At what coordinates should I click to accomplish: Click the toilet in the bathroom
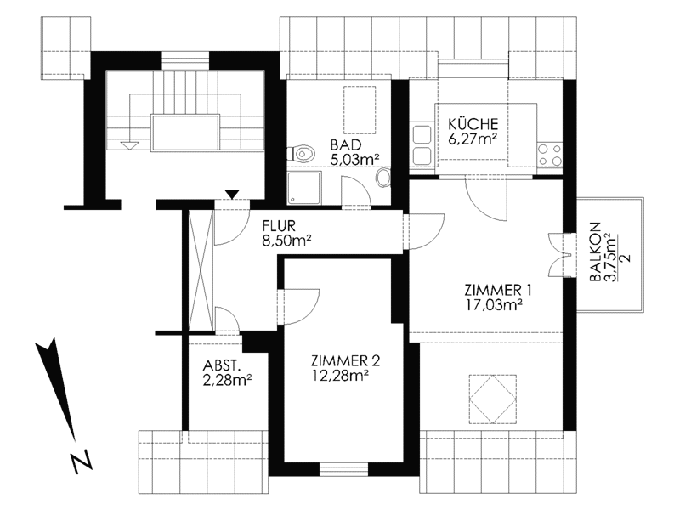coord(300,154)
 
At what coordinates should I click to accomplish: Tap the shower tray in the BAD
coord(305,188)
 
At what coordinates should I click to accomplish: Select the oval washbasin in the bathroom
coord(382,178)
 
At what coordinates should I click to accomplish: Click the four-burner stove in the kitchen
coord(550,156)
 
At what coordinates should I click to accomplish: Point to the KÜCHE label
coord(473,124)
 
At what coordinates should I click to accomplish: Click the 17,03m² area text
coord(494,305)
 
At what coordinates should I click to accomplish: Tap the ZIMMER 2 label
coord(346,360)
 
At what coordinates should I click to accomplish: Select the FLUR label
coord(279,226)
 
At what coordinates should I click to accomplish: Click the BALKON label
coord(596,252)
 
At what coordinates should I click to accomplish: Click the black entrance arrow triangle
coord(232,195)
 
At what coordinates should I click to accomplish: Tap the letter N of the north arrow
coord(81,461)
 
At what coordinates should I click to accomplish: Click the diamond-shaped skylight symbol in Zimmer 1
coord(493,399)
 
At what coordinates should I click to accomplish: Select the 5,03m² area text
coord(355,160)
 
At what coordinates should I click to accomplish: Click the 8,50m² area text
coord(287,241)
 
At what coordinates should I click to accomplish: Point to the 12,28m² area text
coord(341,376)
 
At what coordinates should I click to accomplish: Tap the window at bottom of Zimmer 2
coord(344,470)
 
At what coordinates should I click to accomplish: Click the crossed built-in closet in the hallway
coord(201,270)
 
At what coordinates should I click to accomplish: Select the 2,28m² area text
coord(228,380)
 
